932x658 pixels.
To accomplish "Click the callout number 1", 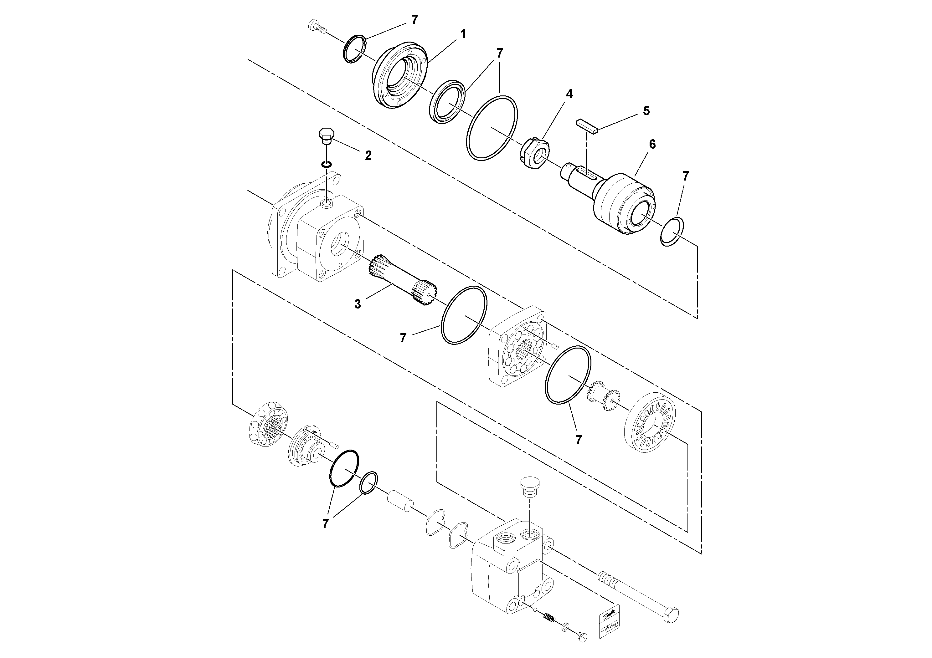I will coord(462,34).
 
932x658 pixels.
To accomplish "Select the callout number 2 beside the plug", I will coord(368,156).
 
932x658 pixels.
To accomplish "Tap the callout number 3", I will coord(357,304).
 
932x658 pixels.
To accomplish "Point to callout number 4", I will coord(569,94).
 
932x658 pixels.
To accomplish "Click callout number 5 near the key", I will coord(646,111).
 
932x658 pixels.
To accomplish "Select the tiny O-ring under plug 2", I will coord(326,164).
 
